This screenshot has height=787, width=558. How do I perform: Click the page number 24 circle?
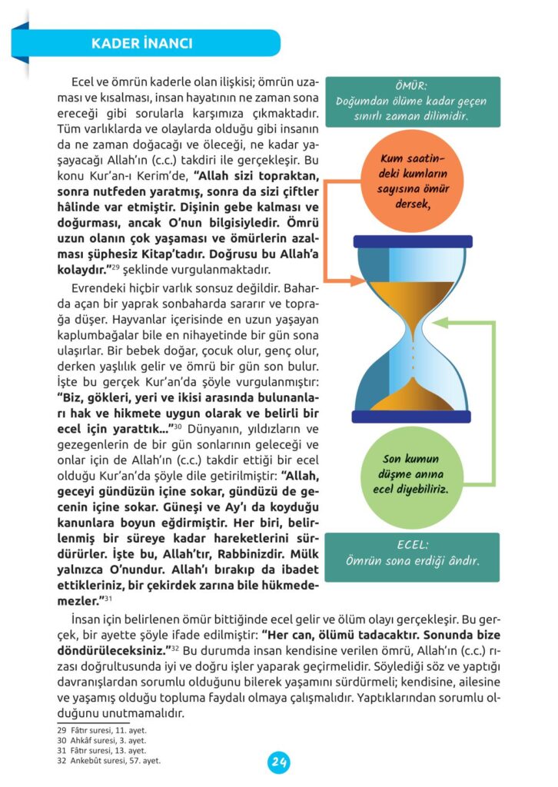[279, 762]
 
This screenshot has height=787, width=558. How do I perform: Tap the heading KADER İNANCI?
[141, 43]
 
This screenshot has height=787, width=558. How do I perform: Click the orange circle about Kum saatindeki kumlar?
[414, 181]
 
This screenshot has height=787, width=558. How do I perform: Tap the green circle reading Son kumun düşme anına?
[414, 475]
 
